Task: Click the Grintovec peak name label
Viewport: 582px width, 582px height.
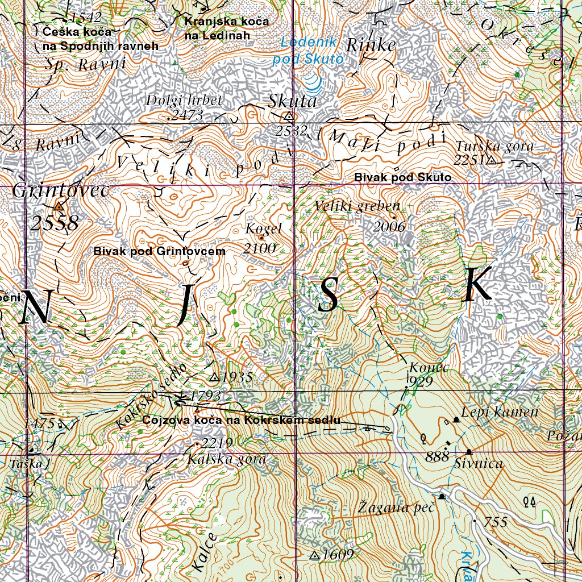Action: [x=60, y=191]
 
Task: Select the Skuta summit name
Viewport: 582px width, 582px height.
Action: [x=292, y=102]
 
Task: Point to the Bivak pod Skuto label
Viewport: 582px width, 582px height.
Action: [x=402, y=178]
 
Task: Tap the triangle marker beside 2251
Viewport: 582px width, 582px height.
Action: [x=491, y=161]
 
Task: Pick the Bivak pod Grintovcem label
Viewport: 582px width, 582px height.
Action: [x=160, y=251]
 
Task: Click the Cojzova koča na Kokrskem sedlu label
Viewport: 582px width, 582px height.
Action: [x=242, y=421]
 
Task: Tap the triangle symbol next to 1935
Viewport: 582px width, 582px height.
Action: [x=214, y=377]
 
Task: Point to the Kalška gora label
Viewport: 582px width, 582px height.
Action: [x=227, y=459]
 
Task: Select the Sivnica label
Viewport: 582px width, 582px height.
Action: [x=479, y=464]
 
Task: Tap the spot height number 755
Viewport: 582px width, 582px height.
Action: [x=496, y=522]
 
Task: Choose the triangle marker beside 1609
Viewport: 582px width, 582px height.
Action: [x=314, y=555]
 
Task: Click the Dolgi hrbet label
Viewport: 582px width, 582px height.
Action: [x=184, y=101]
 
